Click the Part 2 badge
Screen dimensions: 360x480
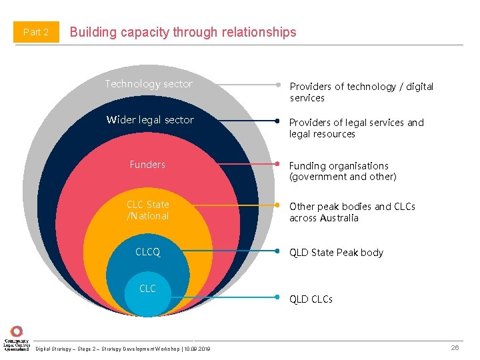[36, 32]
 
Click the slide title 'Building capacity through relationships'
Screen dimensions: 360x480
[183, 32]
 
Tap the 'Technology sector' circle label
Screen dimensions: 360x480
[149, 84]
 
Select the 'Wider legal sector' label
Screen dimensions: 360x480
[150, 120]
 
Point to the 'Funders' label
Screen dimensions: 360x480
[147, 164]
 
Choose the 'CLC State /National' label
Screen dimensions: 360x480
[148, 210]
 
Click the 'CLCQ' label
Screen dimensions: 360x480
[148, 253]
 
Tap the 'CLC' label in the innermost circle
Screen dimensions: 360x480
[147, 289]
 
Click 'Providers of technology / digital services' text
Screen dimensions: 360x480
[361, 92]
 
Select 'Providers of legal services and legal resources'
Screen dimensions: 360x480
[357, 128]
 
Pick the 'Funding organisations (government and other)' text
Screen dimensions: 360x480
[343, 171]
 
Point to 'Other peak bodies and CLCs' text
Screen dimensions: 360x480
[352, 212]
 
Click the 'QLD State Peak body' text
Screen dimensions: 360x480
[336, 253]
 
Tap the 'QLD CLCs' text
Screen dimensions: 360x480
[311, 299]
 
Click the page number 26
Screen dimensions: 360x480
[455, 347]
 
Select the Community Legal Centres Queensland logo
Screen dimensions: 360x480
[16, 339]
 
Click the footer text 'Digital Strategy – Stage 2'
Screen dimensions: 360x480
[123, 349]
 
